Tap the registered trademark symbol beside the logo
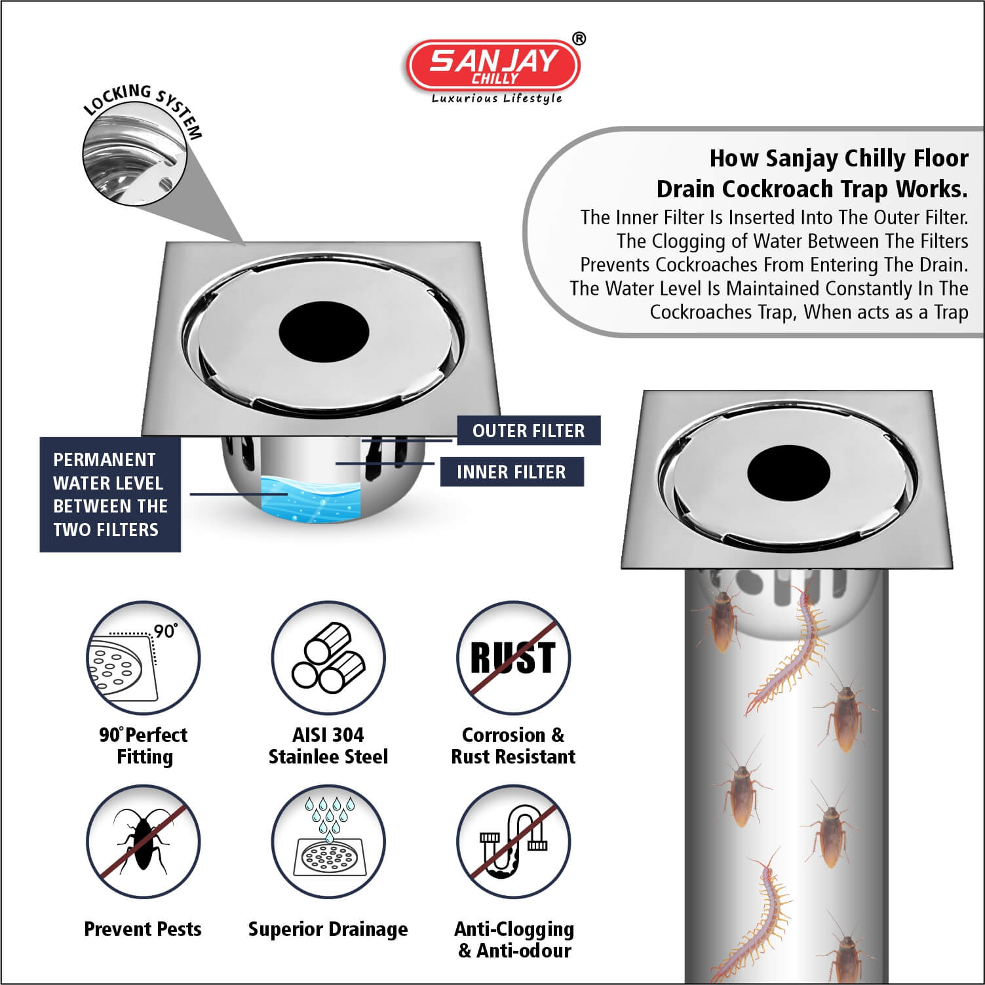(x=579, y=39)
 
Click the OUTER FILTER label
(x=528, y=431)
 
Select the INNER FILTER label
(x=511, y=472)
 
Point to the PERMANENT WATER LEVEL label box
(x=110, y=495)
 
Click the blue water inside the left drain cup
(x=310, y=500)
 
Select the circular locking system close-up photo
(x=134, y=161)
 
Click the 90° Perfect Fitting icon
(x=143, y=657)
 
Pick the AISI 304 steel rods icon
(x=328, y=657)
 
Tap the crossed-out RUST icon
(x=513, y=657)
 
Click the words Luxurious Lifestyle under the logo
(x=497, y=98)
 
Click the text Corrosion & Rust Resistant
(x=513, y=746)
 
